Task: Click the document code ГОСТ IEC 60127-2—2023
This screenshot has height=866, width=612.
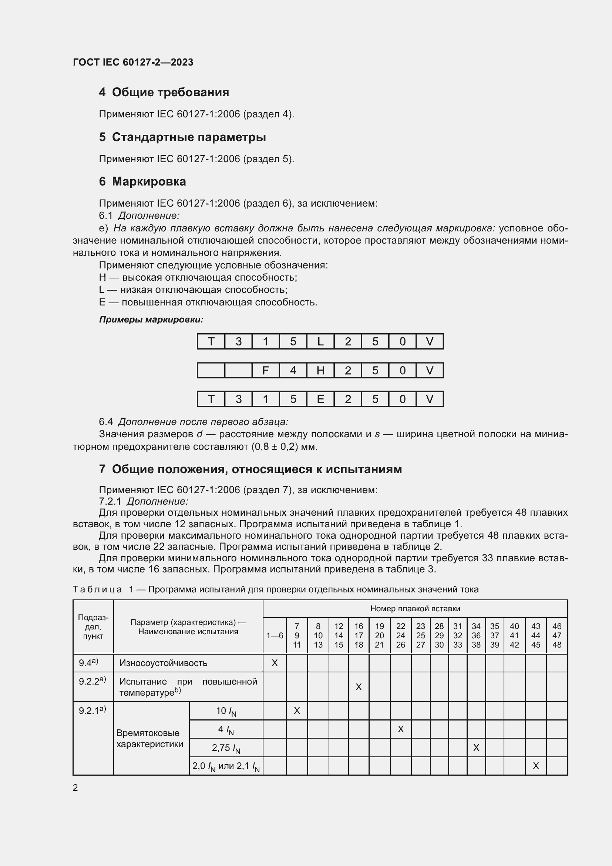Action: pyautogui.click(x=133, y=62)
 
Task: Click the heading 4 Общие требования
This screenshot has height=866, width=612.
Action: pyautogui.click(x=164, y=92)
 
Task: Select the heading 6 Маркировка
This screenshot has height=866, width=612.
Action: pyautogui.click(x=142, y=181)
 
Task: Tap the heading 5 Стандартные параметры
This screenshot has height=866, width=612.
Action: pyautogui.click(x=182, y=137)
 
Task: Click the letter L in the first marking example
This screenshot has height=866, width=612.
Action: pyautogui.click(x=320, y=341)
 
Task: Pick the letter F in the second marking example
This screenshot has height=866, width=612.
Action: pyautogui.click(x=265, y=370)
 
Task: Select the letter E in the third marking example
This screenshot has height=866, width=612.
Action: pyautogui.click(x=320, y=399)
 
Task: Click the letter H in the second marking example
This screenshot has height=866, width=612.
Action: pyautogui.click(x=320, y=370)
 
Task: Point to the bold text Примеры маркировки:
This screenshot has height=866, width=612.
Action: pyautogui.click(x=151, y=320)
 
